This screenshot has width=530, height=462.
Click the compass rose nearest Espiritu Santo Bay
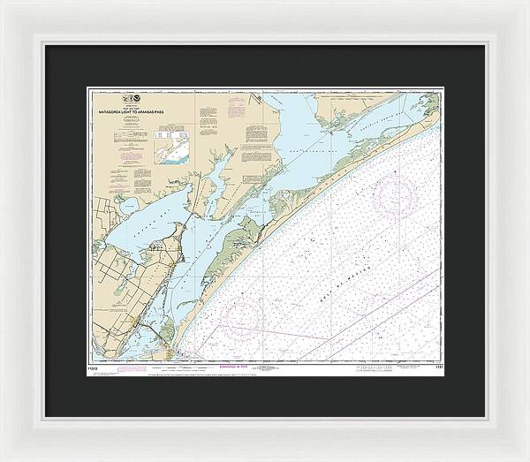point(394,193)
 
